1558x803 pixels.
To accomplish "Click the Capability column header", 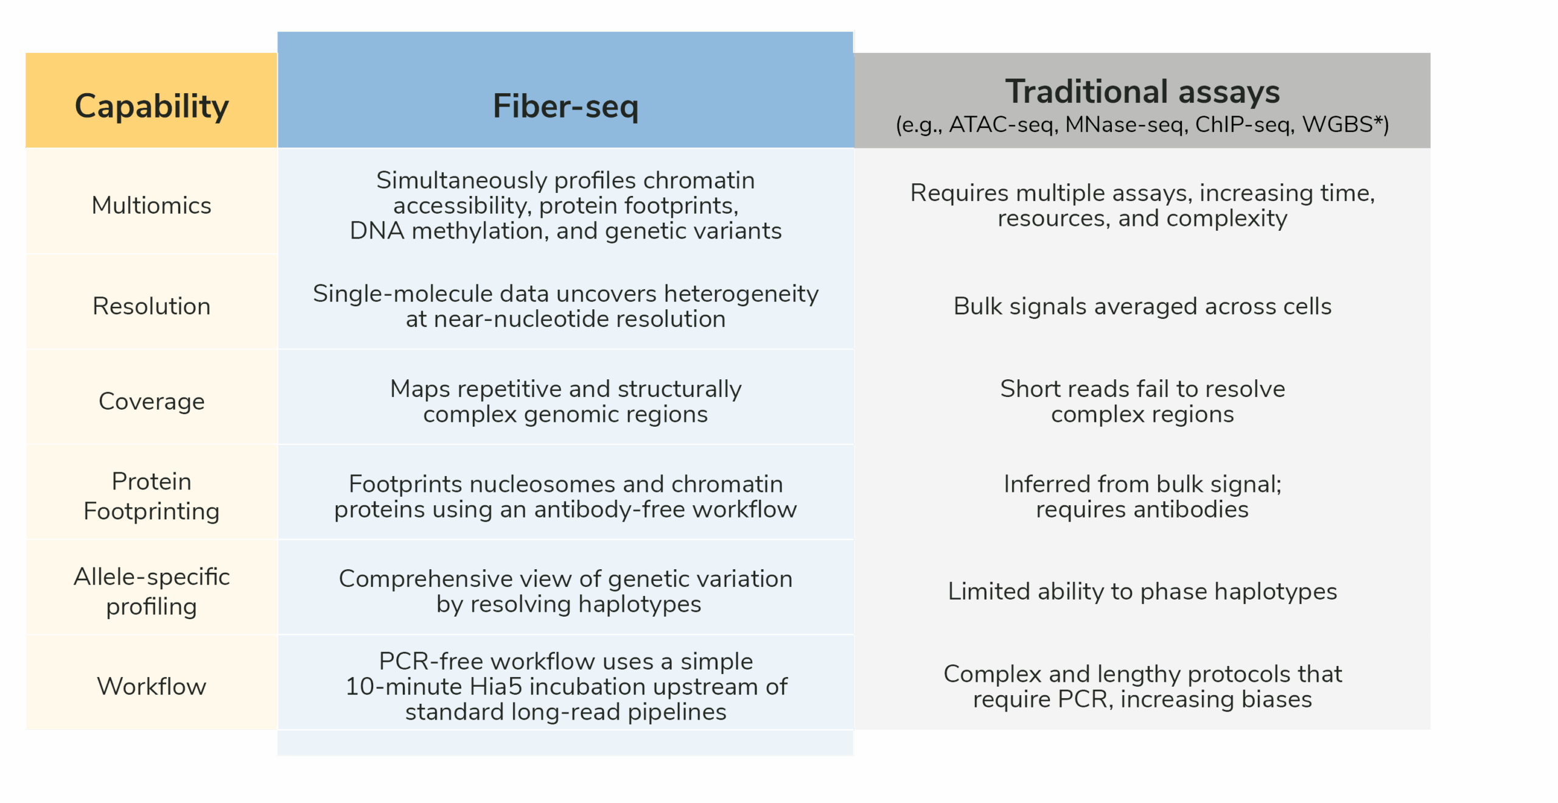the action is point(152,106).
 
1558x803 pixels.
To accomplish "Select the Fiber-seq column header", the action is point(565,106).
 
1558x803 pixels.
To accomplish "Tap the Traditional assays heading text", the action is point(1142,91).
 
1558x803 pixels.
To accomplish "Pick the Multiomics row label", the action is point(152,205).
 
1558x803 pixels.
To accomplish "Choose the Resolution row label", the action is point(152,306).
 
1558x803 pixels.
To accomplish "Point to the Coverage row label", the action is point(152,401).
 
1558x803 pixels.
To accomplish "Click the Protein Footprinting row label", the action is point(152,496).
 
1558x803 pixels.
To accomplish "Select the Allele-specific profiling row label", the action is point(152,591).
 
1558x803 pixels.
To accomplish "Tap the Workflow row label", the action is point(152,686).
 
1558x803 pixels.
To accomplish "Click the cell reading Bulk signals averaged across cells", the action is point(1142,306).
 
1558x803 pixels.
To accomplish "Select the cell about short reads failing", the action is point(1142,401).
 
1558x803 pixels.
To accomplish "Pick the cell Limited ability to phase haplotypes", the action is point(1142,591).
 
